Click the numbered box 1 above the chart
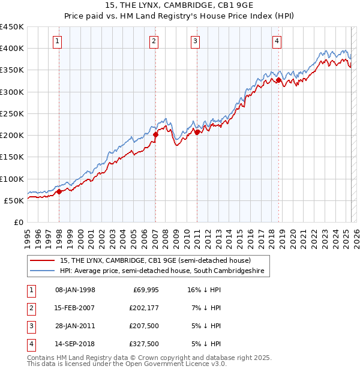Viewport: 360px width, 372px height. point(57,41)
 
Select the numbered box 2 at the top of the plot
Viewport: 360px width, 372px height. point(154,41)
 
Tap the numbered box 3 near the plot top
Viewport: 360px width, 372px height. point(195,41)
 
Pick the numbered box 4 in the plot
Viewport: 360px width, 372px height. point(277,41)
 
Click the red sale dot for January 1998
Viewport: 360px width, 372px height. point(59,192)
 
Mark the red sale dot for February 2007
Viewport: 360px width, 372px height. point(155,135)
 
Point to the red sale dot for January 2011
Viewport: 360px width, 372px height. point(197,133)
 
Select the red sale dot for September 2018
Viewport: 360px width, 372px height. point(278,80)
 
